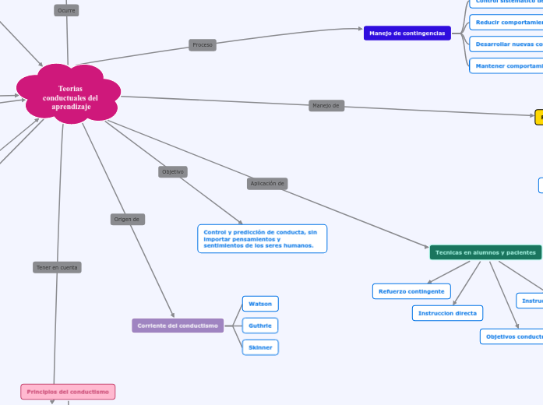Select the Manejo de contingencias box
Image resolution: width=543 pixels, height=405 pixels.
click(x=407, y=33)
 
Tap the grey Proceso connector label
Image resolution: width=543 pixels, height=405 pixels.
click(x=202, y=45)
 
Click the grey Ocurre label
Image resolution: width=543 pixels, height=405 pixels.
click(x=66, y=10)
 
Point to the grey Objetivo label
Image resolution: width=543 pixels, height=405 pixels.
click(x=173, y=171)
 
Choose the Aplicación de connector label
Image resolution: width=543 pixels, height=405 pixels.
click(x=267, y=184)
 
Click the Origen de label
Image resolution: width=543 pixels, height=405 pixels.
click(x=127, y=220)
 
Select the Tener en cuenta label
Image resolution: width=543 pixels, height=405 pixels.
click(x=57, y=267)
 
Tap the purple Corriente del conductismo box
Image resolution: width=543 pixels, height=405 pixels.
click(x=178, y=326)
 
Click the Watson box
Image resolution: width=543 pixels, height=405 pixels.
click(x=260, y=304)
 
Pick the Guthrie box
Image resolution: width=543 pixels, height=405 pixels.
click(x=260, y=326)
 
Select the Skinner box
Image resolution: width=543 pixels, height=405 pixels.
click(x=260, y=347)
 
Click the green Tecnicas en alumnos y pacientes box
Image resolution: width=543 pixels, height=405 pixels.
click(x=485, y=252)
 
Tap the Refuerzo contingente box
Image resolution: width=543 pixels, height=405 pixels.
click(x=411, y=291)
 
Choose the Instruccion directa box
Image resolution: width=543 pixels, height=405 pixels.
click(x=447, y=313)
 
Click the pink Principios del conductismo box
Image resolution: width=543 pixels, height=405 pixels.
click(x=68, y=391)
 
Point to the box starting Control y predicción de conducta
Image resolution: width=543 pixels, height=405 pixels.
click(x=262, y=238)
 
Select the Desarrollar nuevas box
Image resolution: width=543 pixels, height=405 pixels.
click(x=507, y=44)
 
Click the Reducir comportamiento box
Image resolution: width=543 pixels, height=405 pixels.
click(x=507, y=23)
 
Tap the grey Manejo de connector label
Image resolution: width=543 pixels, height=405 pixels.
click(x=326, y=106)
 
